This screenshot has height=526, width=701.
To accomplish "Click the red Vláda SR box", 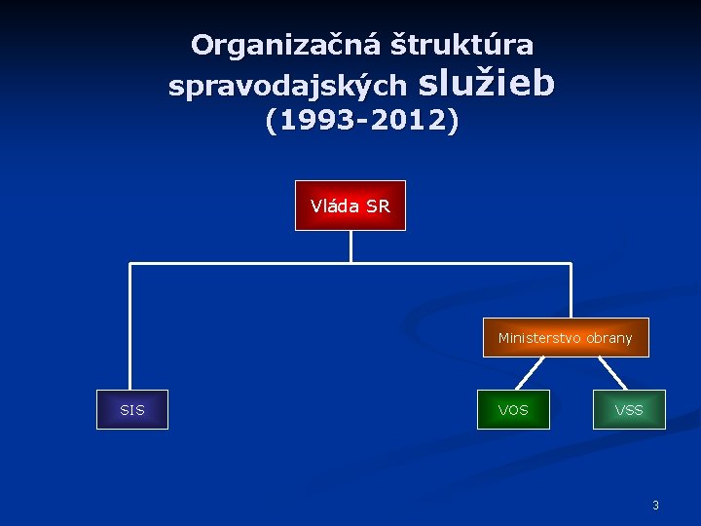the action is point(350,206).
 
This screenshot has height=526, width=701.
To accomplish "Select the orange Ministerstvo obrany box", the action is point(566,337).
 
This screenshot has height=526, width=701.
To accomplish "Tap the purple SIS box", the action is point(132,410).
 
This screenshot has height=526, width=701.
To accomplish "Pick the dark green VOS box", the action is point(513,410).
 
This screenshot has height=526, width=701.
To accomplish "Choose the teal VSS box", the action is point(629,410).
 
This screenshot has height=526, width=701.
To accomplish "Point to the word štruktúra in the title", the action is point(461,44).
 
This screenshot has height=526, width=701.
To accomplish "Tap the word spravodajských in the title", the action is point(288,85).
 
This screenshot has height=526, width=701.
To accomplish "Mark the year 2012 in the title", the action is point(409,120).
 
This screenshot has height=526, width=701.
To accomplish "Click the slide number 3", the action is point(655,506).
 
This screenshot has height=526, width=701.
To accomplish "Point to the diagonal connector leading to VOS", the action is point(530,373).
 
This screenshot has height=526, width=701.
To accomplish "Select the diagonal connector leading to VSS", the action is point(613,373).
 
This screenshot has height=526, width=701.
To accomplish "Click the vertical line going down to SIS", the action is point(129,326).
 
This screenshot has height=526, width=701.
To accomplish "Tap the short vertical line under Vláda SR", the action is point(350,246).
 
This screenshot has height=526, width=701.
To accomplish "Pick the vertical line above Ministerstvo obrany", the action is point(571,290).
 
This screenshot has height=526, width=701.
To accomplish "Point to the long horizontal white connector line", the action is point(350,263).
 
